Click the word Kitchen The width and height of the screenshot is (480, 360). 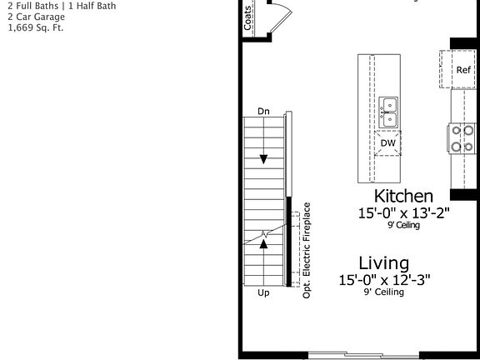coord(403,197)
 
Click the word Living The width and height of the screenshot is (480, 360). coord(384,263)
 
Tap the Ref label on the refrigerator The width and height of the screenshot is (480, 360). coord(463,70)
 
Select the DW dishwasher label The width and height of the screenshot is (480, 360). coord(388,143)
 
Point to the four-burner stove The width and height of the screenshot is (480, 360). coord(463,139)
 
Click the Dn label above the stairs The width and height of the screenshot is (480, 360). coord(263,111)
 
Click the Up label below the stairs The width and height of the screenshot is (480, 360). coord(263,293)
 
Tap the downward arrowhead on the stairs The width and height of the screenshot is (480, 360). coord(264,159)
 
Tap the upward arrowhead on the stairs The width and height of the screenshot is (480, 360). coord(264,243)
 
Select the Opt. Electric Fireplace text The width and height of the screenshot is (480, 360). coord(307,250)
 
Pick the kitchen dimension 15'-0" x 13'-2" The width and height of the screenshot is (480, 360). coord(403,213)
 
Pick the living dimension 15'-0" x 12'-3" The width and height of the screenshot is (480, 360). coord(384,280)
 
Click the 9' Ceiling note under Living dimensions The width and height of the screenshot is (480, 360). coord(383,292)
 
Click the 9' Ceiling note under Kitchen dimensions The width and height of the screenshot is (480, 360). coord(403,225)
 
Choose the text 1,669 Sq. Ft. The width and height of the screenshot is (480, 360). coord(35,27)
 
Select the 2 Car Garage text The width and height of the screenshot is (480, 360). coord(36,17)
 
